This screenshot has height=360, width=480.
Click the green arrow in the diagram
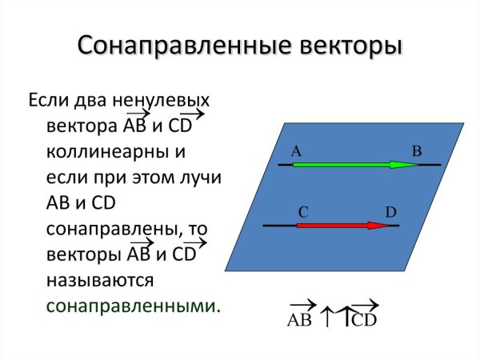352,165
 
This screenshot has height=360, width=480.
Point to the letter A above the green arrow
295,150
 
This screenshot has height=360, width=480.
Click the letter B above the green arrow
416,150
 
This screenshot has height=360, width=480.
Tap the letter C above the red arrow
303,212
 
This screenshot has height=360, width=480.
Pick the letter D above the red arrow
390,212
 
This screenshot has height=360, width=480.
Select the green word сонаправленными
132,306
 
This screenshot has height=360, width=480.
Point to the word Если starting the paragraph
50,101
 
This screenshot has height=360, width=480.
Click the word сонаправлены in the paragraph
111,229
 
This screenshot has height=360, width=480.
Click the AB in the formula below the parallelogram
298,320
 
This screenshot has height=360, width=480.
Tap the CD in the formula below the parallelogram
364,320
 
